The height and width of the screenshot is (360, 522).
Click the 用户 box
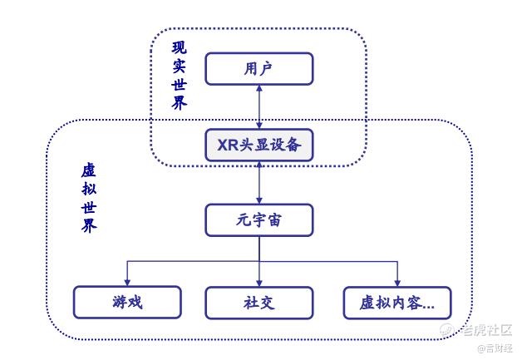(x=259, y=69)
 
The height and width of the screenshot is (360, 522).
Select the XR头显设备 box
(x=259, y=145)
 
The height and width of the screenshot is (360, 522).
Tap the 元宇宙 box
(x=259, y=220)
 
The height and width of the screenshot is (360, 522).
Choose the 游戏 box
(x=127, y=303)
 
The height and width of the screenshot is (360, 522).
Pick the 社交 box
(x=259, y=303)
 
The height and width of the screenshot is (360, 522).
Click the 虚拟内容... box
(x=397, y=303)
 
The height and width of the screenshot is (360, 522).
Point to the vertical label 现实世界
(x=179, y=76)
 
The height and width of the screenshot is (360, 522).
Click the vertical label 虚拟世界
(x=89, y=198)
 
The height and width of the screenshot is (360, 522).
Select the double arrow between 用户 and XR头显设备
(x=259, y=107)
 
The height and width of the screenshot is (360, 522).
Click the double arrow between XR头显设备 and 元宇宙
(x=259, y=183)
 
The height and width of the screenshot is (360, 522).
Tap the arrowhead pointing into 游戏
(x=127, y=283)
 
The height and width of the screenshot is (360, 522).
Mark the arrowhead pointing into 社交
(x=259, y=283)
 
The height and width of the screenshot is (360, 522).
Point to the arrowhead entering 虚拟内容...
(x=397, y=283)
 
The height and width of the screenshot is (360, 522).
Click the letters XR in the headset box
(x=228, y=145)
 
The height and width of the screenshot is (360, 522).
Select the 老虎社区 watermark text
(x=486, y=330)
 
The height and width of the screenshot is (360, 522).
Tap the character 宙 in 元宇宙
(x=274, y=220)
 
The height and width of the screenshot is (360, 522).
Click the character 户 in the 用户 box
(x=266, y=69)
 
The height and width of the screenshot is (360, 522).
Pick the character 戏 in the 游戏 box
(x=135, y=303)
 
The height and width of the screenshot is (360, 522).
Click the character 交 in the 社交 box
(x=267, y=303)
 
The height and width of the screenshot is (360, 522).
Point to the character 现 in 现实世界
(x=179, y=47)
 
